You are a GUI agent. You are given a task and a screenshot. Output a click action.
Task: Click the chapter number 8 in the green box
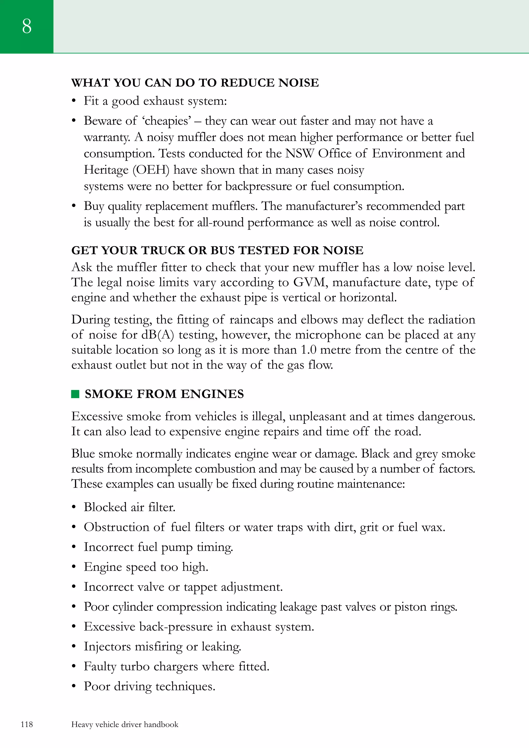[x=27, y=26]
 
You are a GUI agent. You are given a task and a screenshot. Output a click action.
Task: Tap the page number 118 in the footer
[x=27, y=724]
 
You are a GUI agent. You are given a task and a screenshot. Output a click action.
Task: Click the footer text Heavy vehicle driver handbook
[x=125, y=724]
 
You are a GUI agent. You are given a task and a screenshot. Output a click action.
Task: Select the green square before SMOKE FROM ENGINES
[x=75, y=394]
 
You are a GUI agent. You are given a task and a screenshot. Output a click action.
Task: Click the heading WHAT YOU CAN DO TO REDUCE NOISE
[x=195, y=83]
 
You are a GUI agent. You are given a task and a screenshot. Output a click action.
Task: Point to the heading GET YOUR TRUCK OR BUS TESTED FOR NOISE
[x=217, y=250]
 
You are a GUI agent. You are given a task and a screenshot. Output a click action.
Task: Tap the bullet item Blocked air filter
[x=129, y=507]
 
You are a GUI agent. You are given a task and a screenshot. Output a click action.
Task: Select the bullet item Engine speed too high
[x=146, y=567]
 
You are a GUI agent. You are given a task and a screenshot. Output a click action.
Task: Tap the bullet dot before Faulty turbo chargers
[x=74, y=667]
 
